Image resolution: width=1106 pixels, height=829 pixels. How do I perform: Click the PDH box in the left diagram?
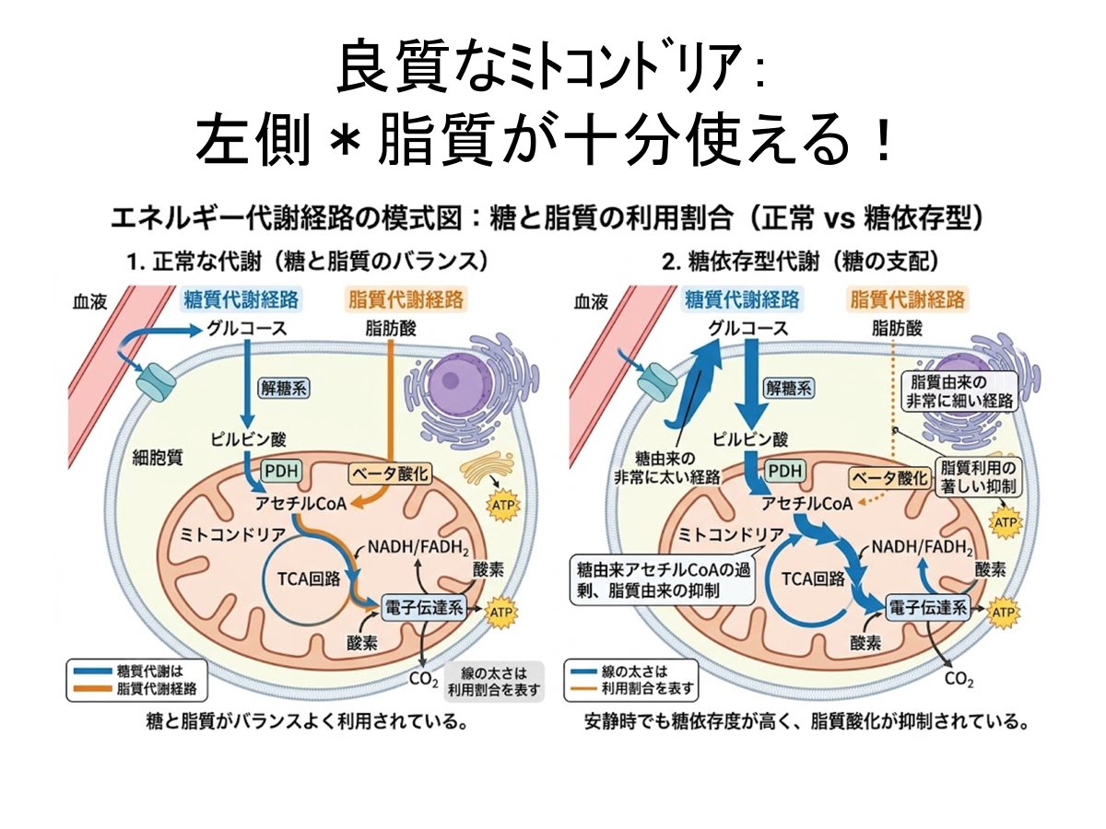(x=281, y=471)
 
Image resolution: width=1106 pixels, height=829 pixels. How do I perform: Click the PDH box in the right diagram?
(x=785, y=471)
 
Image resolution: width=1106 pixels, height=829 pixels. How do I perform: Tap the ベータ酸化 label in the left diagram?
(x=391, y=473)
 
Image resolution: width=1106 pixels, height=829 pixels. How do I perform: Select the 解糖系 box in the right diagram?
(x=789, y=388)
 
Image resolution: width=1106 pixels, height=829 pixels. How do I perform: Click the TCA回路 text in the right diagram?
(x=813, y=578)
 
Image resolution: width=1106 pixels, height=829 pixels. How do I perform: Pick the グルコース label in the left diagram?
(x=246, y=329)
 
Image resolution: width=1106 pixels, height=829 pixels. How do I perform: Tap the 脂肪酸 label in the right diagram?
(x=897, y=329)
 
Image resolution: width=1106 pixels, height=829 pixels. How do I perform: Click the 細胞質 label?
(x=158, y=458)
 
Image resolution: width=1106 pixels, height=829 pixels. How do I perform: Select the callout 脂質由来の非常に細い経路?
(x=959, y=391)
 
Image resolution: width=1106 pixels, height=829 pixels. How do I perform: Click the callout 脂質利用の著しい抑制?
(x=978, y=476)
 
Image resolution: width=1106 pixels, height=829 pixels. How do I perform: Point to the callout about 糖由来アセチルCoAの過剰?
(x=664, y=579)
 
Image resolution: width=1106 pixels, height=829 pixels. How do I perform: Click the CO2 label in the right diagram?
(x=959, y=679)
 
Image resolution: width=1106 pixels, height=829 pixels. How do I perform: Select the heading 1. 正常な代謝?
(x=308, y=262)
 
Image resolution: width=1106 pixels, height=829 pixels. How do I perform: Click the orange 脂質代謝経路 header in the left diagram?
(x=406, y=299)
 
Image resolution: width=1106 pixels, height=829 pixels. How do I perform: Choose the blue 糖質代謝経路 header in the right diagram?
(x=742, y=299)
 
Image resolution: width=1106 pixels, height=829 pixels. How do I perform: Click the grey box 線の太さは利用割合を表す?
(x=494, y=681)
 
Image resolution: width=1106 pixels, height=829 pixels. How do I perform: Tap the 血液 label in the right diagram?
(x=591, y=302)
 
